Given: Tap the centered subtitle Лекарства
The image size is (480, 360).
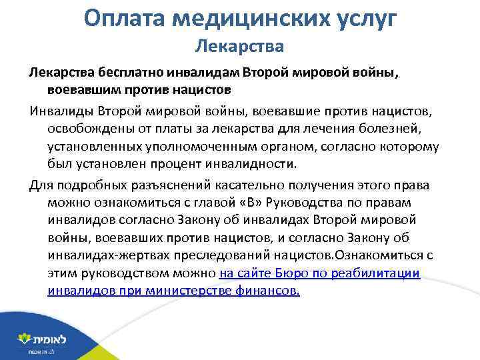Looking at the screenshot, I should click(x=239, y=46).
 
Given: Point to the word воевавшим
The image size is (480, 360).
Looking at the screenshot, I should click(x=83, y=89).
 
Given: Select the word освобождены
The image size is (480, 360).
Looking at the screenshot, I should click(x=89, y=127).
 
